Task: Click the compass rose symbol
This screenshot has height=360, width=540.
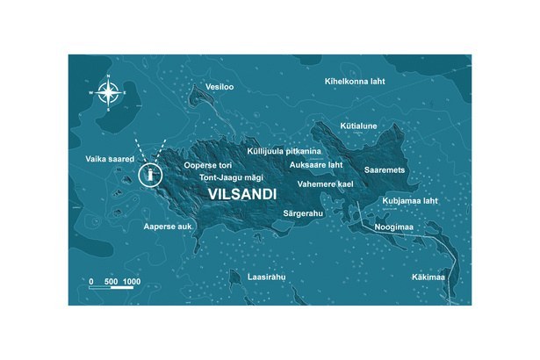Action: click(108, 92)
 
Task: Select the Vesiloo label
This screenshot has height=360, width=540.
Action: click(217, 87)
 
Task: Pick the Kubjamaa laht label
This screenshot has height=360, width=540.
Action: click(410, 201)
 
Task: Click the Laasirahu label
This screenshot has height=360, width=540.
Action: click(268, 277)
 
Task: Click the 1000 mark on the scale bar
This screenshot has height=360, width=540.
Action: click(132, 281)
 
